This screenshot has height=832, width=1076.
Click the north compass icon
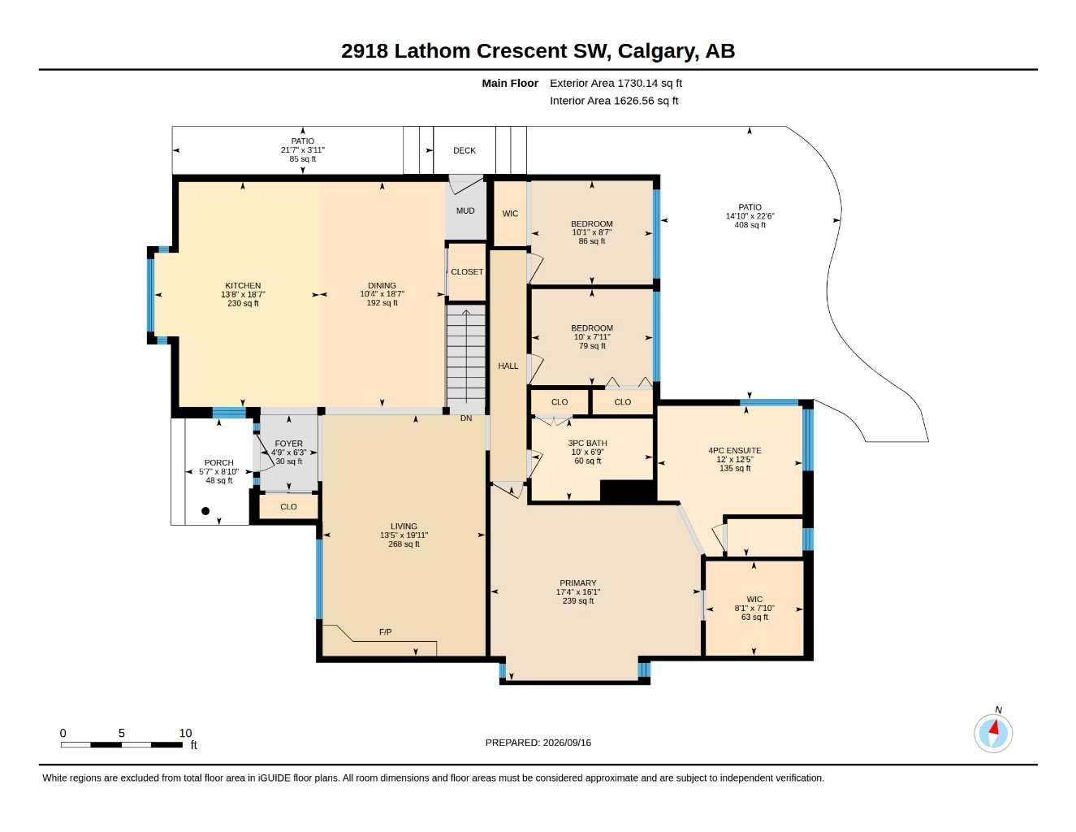point(993,732)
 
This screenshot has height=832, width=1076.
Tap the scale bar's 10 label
point(185,733)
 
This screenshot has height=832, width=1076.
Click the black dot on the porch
point(205,511)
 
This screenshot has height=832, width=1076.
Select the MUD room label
point(465,211)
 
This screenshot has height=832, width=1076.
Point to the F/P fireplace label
point(385,632)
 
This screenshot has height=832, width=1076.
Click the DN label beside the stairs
point(466,418)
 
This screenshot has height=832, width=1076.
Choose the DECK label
point(464,150)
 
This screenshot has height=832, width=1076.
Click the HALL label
point(508,366)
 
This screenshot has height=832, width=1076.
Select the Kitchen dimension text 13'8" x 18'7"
point(243,294)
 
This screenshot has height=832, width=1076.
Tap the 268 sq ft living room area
point(404,544)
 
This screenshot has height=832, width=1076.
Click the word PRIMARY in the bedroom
point(578,583)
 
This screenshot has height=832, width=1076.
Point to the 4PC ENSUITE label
point(735,451)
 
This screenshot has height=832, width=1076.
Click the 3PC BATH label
point(587,444)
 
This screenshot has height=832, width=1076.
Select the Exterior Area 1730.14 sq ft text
point(616,83)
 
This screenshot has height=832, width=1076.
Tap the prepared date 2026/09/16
point(567,743)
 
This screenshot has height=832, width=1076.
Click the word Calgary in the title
point(658,51)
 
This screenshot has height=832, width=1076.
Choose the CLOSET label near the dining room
point(467,272)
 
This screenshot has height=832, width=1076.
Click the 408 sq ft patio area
point(750,225)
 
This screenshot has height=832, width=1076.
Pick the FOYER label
point(288,444)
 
